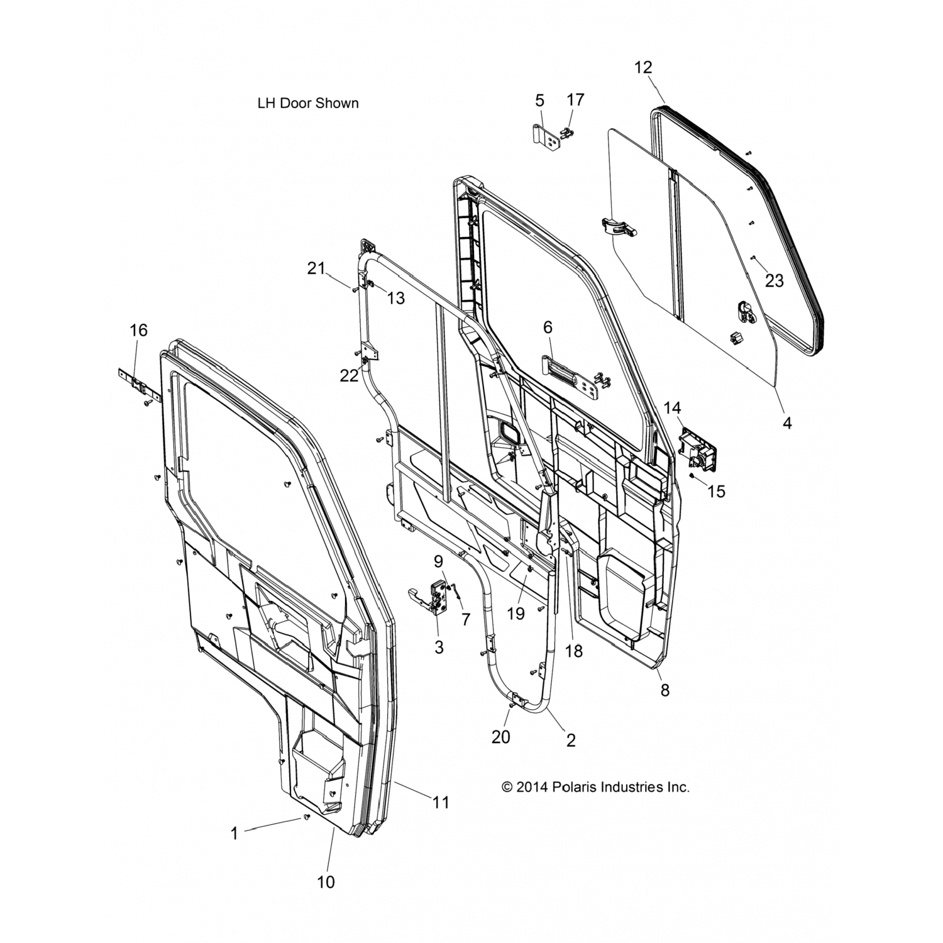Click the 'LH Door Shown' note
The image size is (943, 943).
308,104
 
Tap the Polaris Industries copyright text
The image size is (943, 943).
595,786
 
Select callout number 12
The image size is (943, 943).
643,67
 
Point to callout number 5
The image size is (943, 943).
539,101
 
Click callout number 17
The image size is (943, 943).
575,100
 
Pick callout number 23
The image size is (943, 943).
775,280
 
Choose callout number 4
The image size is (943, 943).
786,423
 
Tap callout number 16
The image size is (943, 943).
138,329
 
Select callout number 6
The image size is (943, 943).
548,327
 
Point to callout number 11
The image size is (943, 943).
441,802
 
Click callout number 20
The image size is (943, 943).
501,736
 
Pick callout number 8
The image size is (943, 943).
665,690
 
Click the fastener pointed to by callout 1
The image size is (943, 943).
307,817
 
